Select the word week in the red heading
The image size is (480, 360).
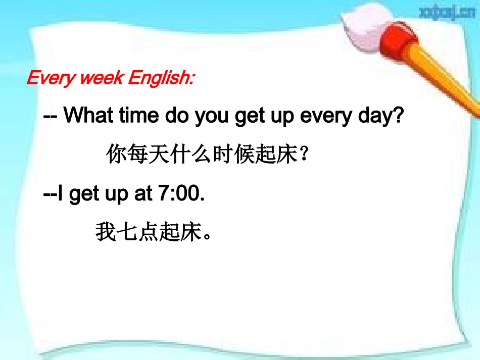(101, 79)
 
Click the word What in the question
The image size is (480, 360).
(89, 116)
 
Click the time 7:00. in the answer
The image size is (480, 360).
(177, 194)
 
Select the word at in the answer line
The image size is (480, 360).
(140, 194)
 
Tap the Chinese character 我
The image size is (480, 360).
(106, 233)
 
